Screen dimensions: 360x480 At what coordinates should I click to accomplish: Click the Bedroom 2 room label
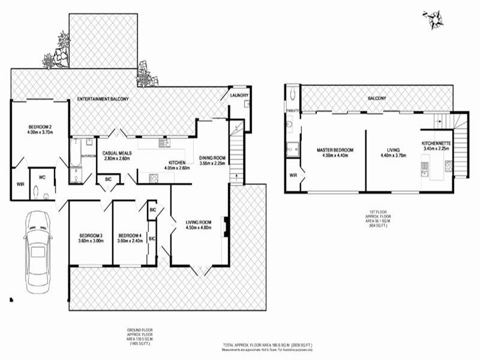pyautogui.click(x=40, y=126)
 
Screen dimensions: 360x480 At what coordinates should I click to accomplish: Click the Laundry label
pyautogui.click(x=239, y=96)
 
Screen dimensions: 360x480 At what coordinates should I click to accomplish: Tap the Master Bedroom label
pyautogui.click(x=335, y=150)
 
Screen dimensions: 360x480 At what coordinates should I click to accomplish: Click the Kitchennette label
pyautogui.click(x=436, y=143)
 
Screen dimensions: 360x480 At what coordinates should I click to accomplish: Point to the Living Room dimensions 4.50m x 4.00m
pyautogui.click(x=199, y=227)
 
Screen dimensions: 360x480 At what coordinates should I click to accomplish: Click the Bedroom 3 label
pyautogui.click(x=91, y=235)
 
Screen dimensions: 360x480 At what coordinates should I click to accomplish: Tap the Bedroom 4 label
pyautogui.click(x=130, y=235)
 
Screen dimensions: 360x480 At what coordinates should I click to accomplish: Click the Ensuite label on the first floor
pyautogui.click(x=292, y=111)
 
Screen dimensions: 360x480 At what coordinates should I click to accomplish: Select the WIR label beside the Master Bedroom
pyautogui.click(x=293, y=175)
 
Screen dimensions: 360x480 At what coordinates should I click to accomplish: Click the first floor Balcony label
pyautogui.click(x=377, y=98)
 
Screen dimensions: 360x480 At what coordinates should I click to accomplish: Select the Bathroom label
pyautogui.click(x=89, y=155)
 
